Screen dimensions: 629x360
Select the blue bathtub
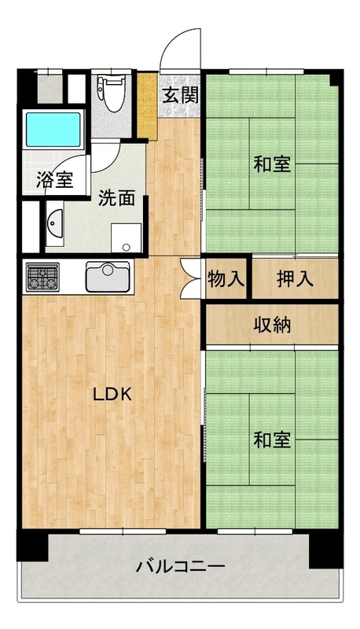coord(53,129)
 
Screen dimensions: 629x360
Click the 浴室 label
coord(54,180)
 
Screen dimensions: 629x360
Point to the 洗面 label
coord(116,197)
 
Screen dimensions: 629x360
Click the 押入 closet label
coord(296,278)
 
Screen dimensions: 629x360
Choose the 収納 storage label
coord(272,324)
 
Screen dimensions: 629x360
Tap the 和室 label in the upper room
coord(272,165)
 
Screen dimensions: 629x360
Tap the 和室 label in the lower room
coord(272,440)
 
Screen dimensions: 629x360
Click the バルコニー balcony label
coord(181,566)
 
